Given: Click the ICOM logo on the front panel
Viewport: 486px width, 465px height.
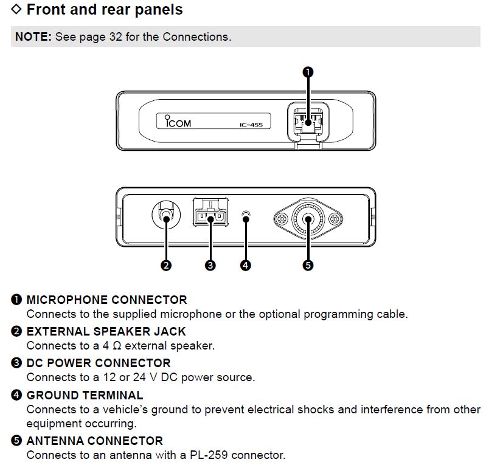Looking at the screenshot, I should click(x=178, y=122).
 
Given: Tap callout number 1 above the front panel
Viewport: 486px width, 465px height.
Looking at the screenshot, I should click(x=308, y=72).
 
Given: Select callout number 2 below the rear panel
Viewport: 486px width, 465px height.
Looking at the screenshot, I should click(x=165, y=265).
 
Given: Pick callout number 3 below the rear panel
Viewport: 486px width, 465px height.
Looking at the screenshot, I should click(x=210, y=265).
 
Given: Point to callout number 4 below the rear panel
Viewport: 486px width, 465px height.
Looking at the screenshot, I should click(x=246, y=265).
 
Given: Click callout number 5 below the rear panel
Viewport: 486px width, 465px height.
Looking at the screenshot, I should click(x=308, y=265).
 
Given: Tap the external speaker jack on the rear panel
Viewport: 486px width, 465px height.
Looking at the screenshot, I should click(x=165, y=215).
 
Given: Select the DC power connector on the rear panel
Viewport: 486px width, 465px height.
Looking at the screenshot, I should click(x=210, y=215).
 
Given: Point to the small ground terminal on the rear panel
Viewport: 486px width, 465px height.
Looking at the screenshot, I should click(x=246, y=215).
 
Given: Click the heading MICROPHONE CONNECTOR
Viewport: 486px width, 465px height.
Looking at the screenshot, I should click(x=106, y=300).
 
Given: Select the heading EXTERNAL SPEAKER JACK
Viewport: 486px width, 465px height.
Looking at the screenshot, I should click(x=106, y=331).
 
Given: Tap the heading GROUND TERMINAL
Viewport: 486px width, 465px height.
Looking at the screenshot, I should click(x=85, y=395).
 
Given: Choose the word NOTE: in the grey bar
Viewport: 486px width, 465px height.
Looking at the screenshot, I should click(x=33, y=37).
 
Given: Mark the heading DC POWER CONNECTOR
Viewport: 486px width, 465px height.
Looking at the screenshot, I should click(x=99, y=363).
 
